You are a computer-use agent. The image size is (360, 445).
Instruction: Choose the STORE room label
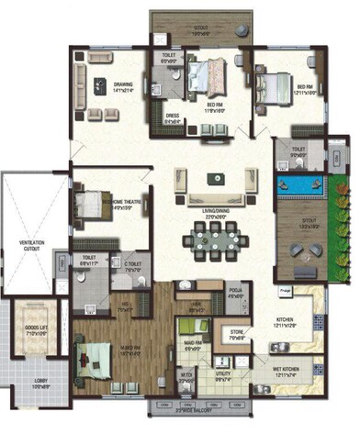click(237, 336)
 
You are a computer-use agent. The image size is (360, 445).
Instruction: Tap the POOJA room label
click(236, 294)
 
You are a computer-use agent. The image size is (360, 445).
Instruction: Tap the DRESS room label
click(171, 117)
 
